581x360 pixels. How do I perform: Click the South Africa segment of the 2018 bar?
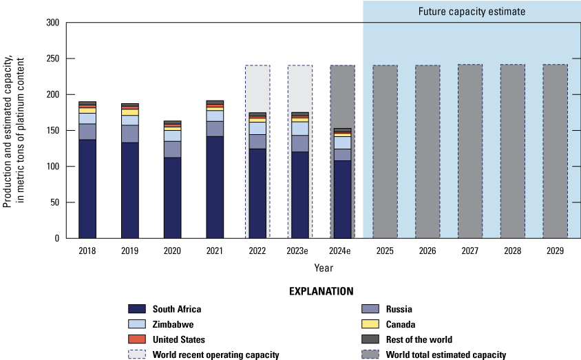[87, 189]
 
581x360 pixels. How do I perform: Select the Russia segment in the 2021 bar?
[215, 129]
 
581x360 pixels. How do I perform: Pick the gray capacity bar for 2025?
[385, 151]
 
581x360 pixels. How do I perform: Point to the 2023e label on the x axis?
[299, 251]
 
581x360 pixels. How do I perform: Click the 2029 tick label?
[555, 251]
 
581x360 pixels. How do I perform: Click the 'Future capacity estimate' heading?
[472, 12]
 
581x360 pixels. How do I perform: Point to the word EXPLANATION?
[322, 292]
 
